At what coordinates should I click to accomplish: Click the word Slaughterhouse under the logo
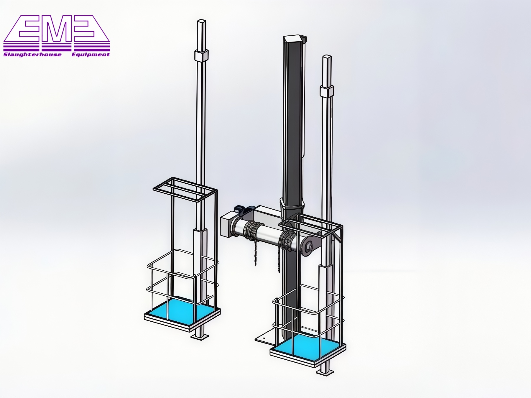pyautogui.click(x=32, y=55)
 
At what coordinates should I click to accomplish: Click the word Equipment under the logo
pyautogui.click(x=91, y=55)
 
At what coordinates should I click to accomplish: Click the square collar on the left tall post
pyautogui.click(x=201, y=55)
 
